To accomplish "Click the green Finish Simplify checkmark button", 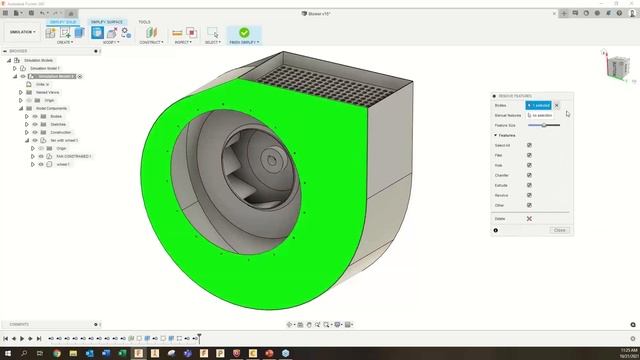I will [244, 32].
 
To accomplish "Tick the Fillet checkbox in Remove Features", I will [529, 154].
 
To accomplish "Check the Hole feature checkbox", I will [529, 165].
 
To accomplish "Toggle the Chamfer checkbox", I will [529, 175].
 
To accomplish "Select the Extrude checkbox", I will [529, 186].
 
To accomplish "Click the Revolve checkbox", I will [529, 196].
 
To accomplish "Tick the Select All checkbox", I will [529, 144].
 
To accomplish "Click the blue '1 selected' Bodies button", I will [538, 105].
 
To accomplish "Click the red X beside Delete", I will [529, 218].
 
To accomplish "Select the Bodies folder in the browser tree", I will [55, 116].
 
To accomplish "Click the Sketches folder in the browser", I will [57, 124].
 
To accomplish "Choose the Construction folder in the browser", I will [60, 132].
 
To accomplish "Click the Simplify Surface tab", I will [107, 21].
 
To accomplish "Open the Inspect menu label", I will [182, 42].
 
